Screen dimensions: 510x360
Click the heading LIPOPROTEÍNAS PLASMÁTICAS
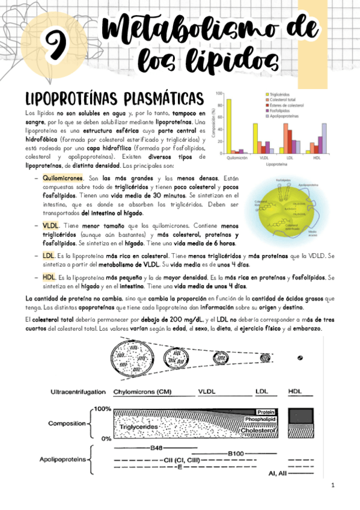(x=114, y=99)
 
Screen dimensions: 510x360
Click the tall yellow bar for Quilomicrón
(x=228, y=126)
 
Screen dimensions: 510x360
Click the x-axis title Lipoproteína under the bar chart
(x=276, y=164)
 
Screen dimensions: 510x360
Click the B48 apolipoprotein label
(x=156, y=447)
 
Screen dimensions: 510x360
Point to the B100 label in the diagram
(x=236, y=453)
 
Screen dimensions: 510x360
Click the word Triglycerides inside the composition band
(x=142, y=426)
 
